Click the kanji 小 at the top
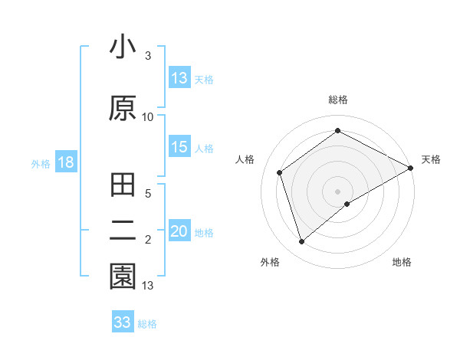(122, 47)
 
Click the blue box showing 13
(179, 78)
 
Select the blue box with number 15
(179, 148)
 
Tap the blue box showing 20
(179, 232)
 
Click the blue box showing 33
(123, 322)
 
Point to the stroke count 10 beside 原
(148, 117)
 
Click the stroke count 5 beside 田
(149, 195)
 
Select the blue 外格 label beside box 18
(41, 163)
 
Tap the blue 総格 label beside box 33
(147, 323)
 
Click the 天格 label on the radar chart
(431, 159)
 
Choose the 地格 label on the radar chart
(402, 262)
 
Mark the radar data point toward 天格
(410, 168)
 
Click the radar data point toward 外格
(302, 242)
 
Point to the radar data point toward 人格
(280, 172)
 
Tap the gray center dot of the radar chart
(337, 191)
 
